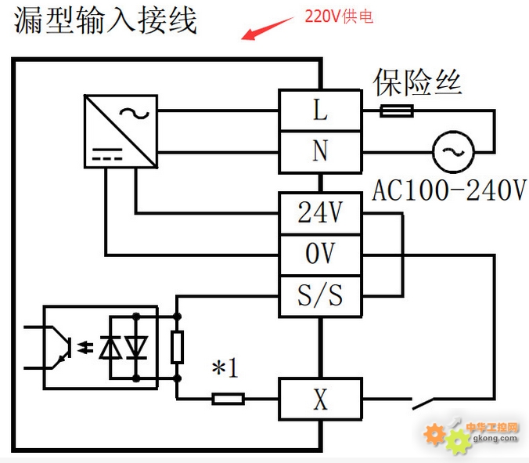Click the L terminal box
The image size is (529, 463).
(320, 110)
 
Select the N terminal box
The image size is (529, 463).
(320, 152)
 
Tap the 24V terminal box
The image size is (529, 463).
(320, 213)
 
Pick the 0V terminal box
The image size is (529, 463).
(320, 255)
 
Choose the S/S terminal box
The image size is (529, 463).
(320, 296)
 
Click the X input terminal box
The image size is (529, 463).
(320, 400)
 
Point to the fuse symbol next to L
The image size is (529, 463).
(397, 110)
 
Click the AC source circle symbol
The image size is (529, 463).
(453, 152)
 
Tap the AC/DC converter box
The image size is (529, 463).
(121, 132)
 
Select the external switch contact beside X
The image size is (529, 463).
(423, 403)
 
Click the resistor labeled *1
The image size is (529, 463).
(228, 399)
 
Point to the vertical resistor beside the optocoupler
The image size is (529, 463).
(177, 348)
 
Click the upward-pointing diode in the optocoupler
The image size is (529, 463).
(110, 348)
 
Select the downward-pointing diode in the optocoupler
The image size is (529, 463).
(136, 348)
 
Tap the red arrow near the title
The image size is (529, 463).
(267, 28)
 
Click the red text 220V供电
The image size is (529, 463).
(339, 16)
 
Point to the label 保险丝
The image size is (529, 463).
(417, 82)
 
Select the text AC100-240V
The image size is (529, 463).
(449, 190)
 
